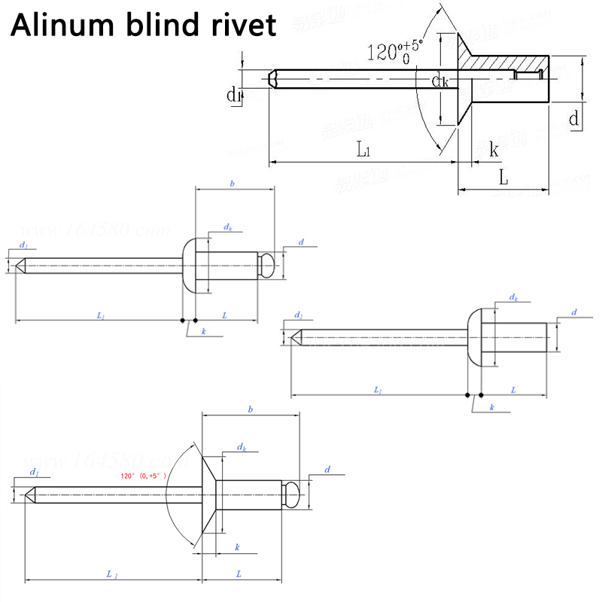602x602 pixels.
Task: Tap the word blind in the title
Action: tap(165, 27)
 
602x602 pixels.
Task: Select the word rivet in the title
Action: tap(242, 27)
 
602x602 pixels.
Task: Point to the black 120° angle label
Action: tap(395, 53)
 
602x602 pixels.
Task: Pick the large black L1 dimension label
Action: tap(363, 150)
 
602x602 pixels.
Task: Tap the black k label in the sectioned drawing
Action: tap(494, 150)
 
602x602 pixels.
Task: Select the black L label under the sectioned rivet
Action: tap(503, 178)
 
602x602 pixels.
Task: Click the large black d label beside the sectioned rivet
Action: tap(573, 118)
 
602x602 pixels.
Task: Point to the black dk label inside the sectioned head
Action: tap(440, 81)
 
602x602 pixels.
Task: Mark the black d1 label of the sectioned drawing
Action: tap(233, 95)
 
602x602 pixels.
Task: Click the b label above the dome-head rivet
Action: tap(233, 183)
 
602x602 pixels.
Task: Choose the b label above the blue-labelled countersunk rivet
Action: tap(250, 409)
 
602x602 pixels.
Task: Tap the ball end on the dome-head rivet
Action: tap(266, 263)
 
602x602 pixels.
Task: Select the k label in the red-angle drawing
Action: tap(238, 546)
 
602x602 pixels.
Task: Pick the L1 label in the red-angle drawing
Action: tap(111, 574)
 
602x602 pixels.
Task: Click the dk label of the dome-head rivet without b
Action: tap(513, 299)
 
